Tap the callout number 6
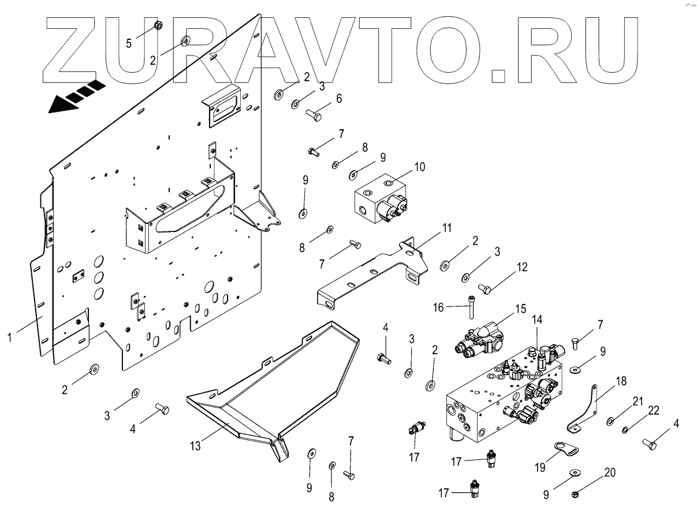339,99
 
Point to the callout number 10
420,167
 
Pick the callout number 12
521,267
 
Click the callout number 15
521,309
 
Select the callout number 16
439,308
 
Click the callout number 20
609,473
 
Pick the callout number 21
637,402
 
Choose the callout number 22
654,410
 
